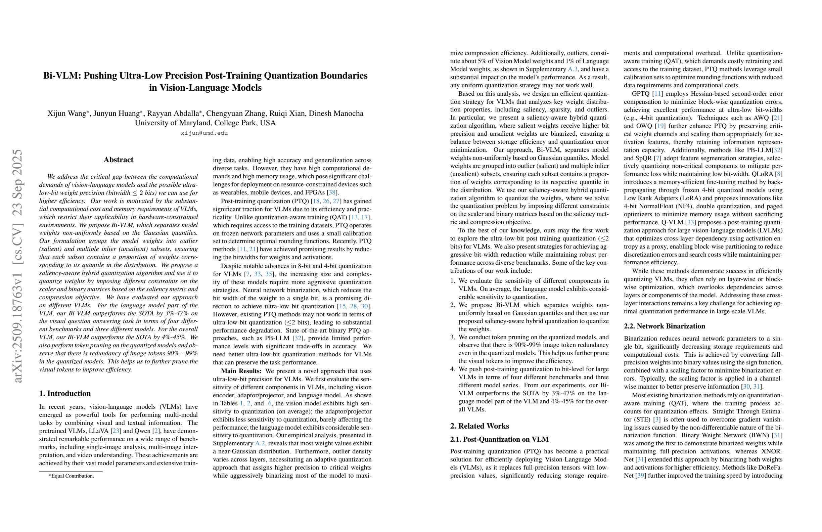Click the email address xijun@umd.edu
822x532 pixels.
204,133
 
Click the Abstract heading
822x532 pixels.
119,160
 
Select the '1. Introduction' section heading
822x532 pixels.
65,394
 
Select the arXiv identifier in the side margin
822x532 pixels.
18,266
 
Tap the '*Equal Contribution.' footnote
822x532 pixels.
72,476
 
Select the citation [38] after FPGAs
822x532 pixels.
330,193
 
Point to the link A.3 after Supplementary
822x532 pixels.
572,70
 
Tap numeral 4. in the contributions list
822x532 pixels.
453,369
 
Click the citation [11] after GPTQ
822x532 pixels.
656,94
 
